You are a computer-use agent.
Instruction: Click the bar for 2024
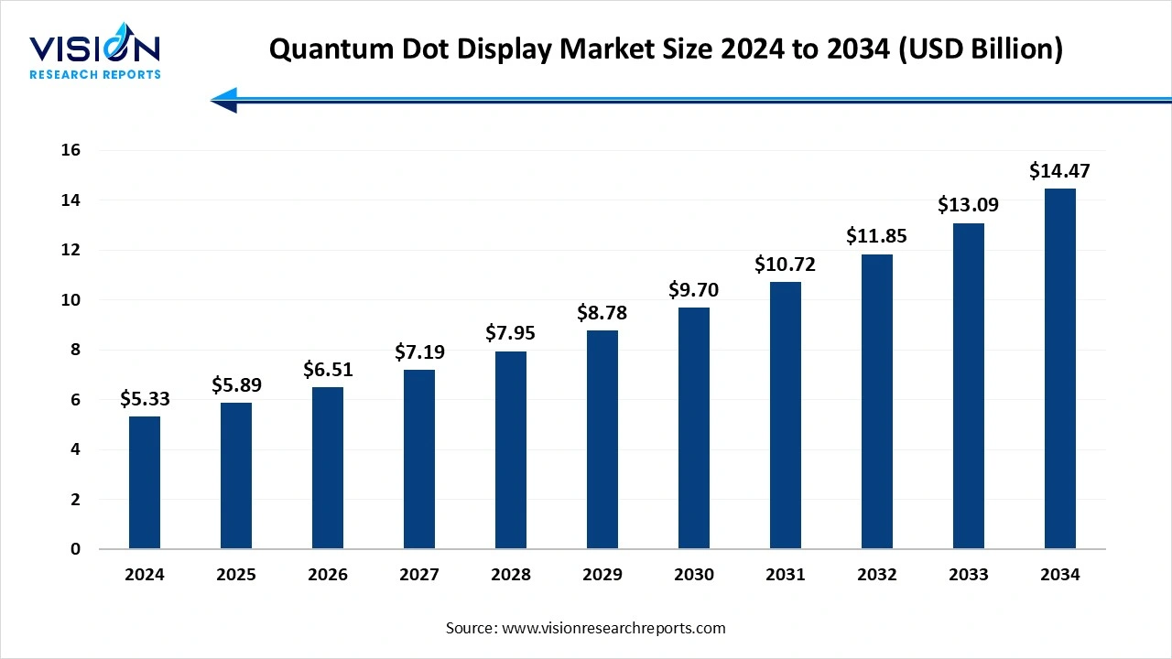tap(145, 482)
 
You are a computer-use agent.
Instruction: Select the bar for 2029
tap(602, 439)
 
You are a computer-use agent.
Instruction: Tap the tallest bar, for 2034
tap(1060, 369)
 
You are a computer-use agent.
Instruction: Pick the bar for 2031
tap(786, 416)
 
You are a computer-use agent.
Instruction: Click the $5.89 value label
tap(236, 384)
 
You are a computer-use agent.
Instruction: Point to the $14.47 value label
tap(1059, 170)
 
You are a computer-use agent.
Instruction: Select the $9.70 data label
tap(694, 290)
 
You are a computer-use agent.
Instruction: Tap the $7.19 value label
tap(419, 351)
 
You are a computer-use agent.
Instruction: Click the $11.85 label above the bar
tap(877, 236)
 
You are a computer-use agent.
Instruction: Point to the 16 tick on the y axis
tap(71, 150)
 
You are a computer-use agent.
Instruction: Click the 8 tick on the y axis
tap(75, 350)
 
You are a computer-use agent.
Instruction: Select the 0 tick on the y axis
tap(75, 549)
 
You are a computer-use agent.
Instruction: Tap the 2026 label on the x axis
tap(328, 575)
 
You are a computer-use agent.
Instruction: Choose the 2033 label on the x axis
tap(969, 575)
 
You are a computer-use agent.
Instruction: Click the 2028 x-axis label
tap(511, 575)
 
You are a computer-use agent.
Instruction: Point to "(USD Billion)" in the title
tap(981, 49)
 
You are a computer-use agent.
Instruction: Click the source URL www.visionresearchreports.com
tap(613, 628)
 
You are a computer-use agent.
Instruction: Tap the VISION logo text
tap(95, 48)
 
